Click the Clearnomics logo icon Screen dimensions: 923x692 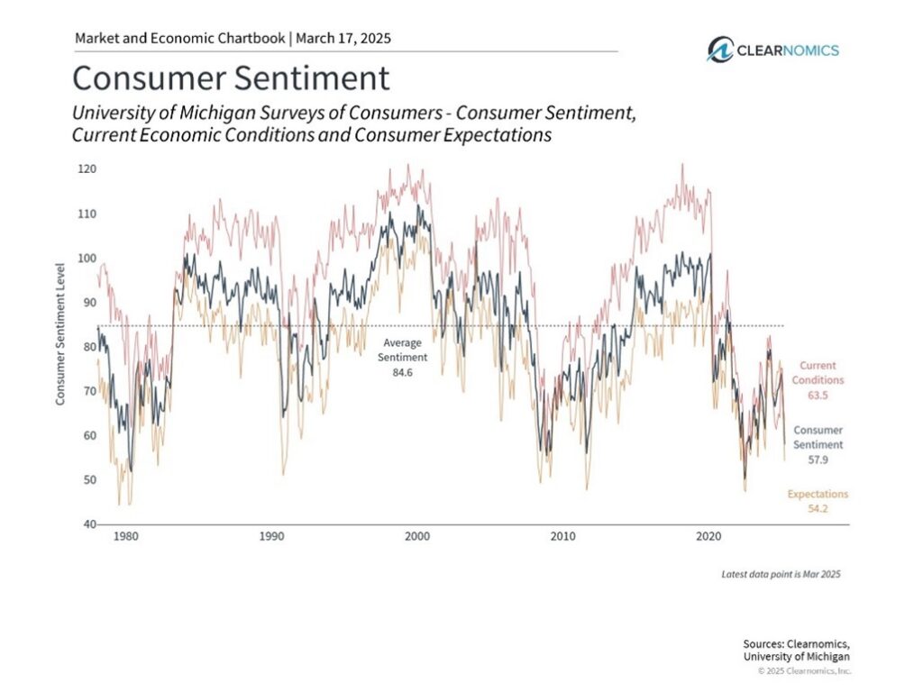tap(720, 50)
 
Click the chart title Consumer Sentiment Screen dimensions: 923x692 tap(231, 78)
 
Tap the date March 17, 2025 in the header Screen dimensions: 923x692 tap(343, 38)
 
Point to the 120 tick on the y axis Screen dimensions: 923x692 tap(87, 169)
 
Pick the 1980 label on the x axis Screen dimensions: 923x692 tap(126, 536)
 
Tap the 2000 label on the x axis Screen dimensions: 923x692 tap(417, 536)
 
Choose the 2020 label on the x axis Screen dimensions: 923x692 tap(708, 536)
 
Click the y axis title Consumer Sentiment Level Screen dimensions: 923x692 tap(60, 333)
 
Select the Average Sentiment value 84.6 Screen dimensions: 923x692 tap(403, 372)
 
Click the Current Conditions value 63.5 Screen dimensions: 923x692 tap(818, 395)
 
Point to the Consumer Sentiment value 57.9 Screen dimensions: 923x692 tap(818, 460)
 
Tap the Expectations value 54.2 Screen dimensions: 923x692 tap(818, 508)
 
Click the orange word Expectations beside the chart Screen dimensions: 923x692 tap(818, 494)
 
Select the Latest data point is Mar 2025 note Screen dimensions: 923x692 tap(781, 574)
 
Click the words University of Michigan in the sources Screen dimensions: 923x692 tap(797, 657)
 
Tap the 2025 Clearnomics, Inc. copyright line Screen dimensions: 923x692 tap(804, 670)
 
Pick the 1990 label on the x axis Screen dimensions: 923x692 tap(271, 536)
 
